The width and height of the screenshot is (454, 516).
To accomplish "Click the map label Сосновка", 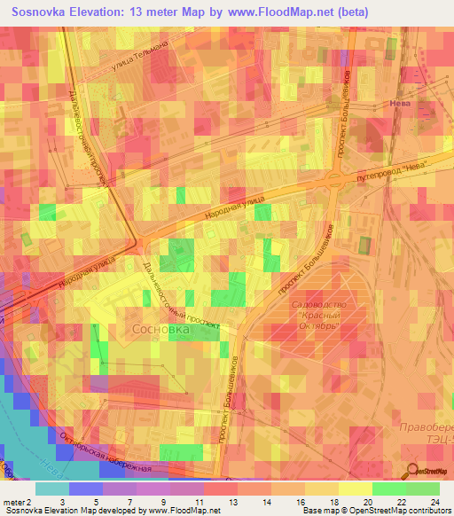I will [x=160, y=329].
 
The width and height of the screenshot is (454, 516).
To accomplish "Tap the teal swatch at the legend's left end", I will [x=51, y=489].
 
